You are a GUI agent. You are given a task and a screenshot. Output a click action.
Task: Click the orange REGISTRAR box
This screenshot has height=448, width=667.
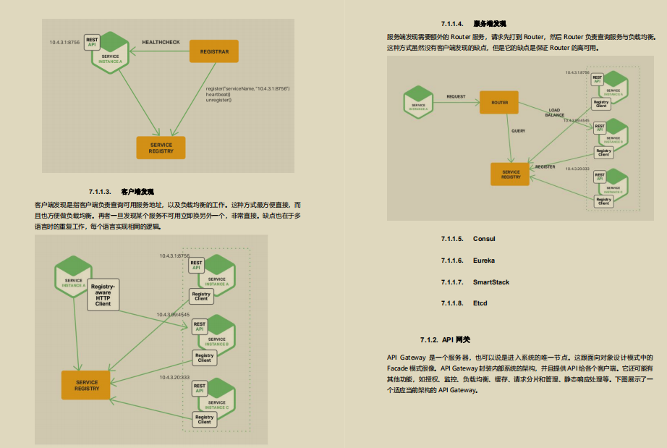pyautogui.click(x=213, y=52)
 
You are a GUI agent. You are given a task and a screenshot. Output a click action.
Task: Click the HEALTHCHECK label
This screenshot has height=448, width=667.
pyautogui.click(x=161, y=43)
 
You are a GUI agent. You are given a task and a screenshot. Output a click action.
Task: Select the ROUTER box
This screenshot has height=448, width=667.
pyautogui.click(x=499, y=103)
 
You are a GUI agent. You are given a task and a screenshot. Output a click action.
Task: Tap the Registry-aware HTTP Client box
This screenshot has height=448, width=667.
pyautogui.click(x=103, y=295)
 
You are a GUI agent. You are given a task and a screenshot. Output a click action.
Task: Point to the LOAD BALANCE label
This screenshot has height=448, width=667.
pyautogui.click(x=554, y=113)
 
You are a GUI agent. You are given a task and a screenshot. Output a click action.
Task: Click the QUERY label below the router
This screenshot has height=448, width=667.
pyautogui.click(x=518, y=131)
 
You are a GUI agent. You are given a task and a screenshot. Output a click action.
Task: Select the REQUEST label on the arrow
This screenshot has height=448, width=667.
pyautogui.click(x=456, y=96)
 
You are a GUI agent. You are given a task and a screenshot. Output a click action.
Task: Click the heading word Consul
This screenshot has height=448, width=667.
pyautogui.click(x=484, y=239)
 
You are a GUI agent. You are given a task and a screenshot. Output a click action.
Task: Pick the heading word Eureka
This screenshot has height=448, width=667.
pyautogui.click(x=484, y=261)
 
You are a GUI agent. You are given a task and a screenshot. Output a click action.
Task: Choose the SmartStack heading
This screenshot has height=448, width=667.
pyautogui.click(x=491, y=282)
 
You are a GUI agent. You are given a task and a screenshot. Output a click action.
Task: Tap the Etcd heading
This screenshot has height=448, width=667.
pyautogui.click(x=481, y=303)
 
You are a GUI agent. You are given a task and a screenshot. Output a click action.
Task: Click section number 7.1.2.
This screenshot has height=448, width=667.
pyautogui.click(x=429, y=340)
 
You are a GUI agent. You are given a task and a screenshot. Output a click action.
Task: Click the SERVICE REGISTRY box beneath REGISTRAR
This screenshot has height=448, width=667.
pyautogui.click(x=161, y=148)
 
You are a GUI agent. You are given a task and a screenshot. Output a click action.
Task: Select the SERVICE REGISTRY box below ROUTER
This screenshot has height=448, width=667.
pyautogui.click(x=511, y=174)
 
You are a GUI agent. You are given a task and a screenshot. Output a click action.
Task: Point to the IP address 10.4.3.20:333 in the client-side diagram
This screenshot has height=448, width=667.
pyautogui.click(x=174, y=377)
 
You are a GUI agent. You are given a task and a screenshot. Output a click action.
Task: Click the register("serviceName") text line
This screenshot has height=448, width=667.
pyautogui.click(x=247, y=88)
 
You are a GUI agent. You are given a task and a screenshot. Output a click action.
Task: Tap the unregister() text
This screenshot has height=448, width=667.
pyautogui.click(x=219, y=100)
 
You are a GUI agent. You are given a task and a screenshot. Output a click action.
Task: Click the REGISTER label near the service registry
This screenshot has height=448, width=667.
pyautogui.click(x=545, y=166)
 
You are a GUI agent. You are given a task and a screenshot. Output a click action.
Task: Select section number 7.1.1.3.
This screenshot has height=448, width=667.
pyautogui.click(x=99, y=192)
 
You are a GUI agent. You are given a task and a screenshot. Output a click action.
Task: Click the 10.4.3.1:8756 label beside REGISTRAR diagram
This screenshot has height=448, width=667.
pyautogui.click(x=64, y=43)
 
